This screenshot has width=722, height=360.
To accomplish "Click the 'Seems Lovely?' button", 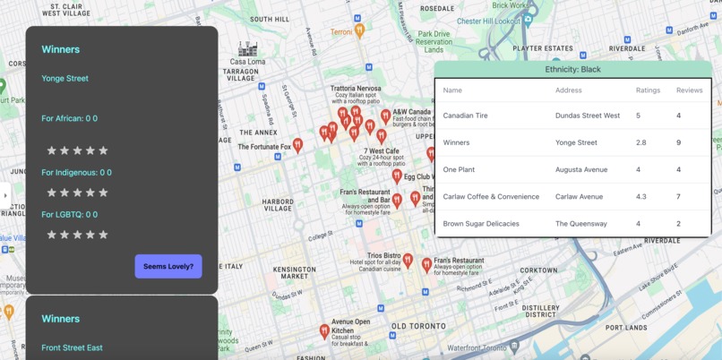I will click(168, 266).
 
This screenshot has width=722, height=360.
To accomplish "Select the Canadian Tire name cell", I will click(465, 116).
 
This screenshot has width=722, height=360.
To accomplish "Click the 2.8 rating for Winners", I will click(641, 142).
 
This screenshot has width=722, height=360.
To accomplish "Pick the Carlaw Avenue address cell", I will click(580, 196).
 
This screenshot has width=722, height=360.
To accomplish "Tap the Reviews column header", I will click(689, 90).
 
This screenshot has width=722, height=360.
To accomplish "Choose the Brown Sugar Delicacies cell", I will click(480, 223).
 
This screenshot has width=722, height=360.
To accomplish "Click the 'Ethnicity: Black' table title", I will click(572, 69).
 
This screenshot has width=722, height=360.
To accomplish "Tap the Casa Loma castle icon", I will click(247, 48).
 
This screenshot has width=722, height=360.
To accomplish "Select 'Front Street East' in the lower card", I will click(72, 347).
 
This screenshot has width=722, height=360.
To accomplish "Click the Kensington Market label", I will click(295, 272).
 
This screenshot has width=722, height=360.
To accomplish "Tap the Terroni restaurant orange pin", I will click(359, 31).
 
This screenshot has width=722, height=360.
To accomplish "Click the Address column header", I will click(569, 90).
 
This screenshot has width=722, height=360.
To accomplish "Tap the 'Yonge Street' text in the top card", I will click(64, 78).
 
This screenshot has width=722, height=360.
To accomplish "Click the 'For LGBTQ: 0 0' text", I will click(70, 214).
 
